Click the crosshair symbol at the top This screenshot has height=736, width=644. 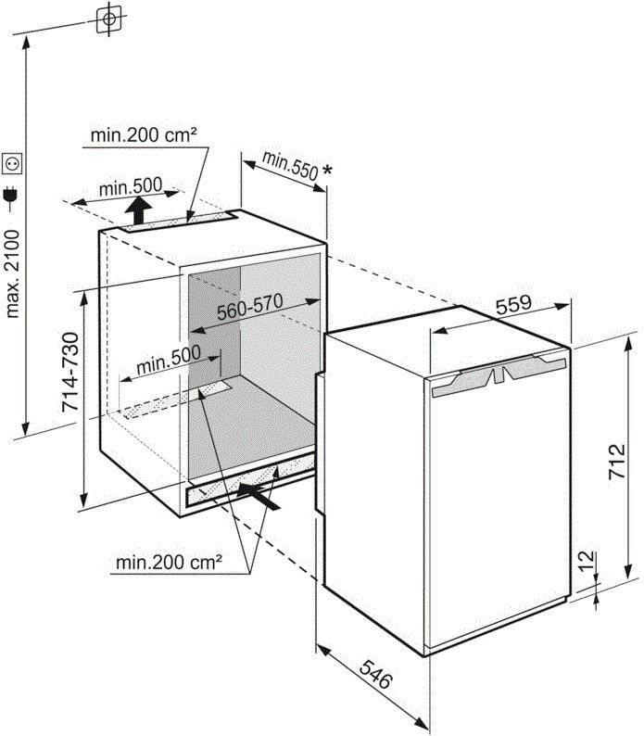[109, 18]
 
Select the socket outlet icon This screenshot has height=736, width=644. [13, 164]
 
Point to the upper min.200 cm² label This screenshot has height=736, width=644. [144, 135]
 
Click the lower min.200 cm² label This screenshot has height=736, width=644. [170, 562]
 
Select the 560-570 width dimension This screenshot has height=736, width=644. [249, 306]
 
